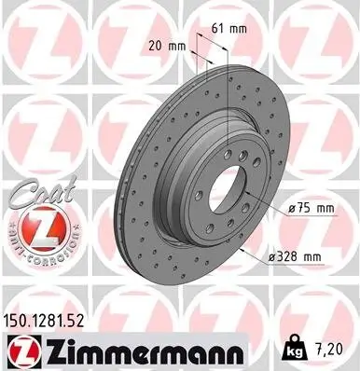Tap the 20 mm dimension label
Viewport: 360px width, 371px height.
pyautogui.click(x=165, y=44)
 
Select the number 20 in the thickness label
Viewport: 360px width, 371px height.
pyautogui.click(x=155, y=44)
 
